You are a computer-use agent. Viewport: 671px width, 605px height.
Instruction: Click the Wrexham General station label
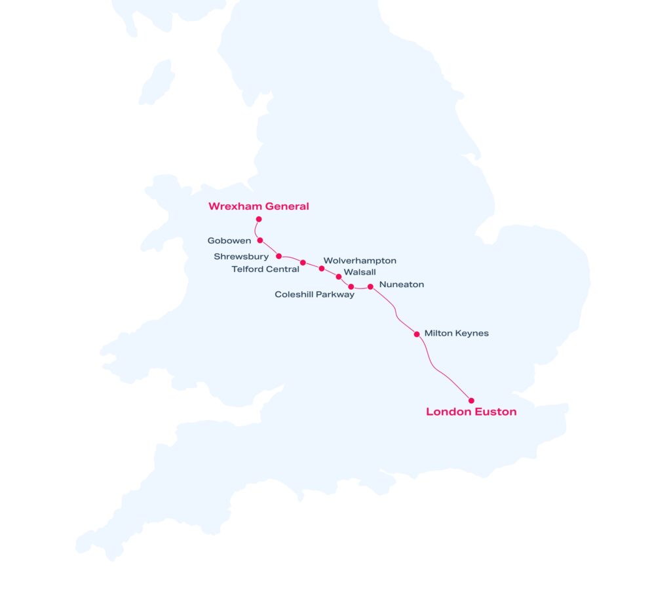point(258,206)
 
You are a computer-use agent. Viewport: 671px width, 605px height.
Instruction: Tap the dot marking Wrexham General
point(259,219)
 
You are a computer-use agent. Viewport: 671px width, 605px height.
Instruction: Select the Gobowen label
point(229,241)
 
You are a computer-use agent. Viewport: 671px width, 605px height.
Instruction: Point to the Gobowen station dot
point(260,241)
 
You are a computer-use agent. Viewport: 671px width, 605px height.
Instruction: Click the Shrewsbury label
point(241,256)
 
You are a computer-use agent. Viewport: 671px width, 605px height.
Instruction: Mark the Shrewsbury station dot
point(279,256)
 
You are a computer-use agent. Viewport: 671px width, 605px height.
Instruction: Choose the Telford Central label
point(265,269)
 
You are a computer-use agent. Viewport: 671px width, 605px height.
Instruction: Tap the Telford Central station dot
point(303,263)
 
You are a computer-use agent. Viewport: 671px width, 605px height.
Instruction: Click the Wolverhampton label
point(360,261)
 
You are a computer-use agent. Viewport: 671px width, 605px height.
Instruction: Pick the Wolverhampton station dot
point(322,268)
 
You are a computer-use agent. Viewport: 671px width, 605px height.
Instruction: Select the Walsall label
point(360,272)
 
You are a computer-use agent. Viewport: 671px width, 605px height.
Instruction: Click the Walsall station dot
point(339,277)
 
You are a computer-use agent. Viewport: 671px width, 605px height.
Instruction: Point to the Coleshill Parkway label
point(315,294)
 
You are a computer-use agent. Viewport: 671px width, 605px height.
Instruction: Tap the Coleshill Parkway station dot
point(351,286)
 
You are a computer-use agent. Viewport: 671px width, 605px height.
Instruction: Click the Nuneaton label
point(402,284)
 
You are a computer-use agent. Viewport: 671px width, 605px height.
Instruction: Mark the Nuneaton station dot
point(370,286)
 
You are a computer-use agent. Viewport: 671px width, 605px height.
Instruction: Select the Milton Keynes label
point(457,334)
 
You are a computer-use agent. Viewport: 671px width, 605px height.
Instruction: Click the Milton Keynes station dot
point(417,334)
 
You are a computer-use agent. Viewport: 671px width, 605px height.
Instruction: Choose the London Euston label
point(471,412)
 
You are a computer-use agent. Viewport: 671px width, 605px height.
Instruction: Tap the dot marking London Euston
point(471,400)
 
